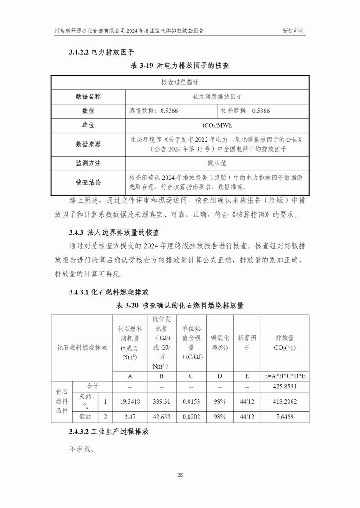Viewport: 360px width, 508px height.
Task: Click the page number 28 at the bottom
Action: point(180,475)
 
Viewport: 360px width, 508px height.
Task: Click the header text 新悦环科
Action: point(294,31)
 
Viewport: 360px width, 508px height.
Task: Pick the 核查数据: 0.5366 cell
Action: point(245,111)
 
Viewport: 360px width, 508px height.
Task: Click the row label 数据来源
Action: point(88,144)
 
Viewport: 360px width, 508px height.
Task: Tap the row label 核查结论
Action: point(88,183)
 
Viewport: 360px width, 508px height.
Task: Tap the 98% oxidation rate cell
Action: point(220,417)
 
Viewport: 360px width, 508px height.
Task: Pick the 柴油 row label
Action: point(85,417)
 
